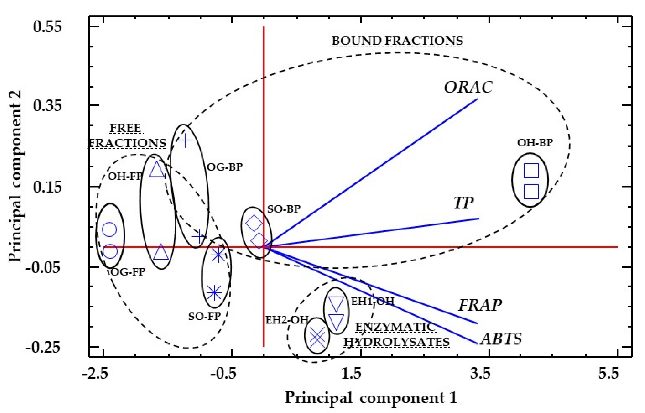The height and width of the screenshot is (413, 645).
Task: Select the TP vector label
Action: tap(463, 203)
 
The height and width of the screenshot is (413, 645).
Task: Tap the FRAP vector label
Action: tap(480, 305)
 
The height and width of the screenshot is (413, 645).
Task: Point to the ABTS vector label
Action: tap(501, 339)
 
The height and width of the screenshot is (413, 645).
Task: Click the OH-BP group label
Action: tap(535, 143)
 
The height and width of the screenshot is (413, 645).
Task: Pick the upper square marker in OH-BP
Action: tap(531, 171)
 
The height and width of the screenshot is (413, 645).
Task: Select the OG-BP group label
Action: tap(225, 167)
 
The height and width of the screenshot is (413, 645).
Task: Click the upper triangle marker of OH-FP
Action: tap(157, 169)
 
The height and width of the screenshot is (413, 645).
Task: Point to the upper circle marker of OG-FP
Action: tap(109, 230)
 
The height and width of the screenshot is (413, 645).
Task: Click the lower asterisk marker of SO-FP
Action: tap(214, 293)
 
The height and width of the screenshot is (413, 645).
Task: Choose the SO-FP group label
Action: tap(204, 317)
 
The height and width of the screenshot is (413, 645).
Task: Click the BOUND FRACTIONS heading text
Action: tap(397, 41)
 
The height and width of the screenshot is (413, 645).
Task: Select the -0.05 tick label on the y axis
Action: tap(43, 267)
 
